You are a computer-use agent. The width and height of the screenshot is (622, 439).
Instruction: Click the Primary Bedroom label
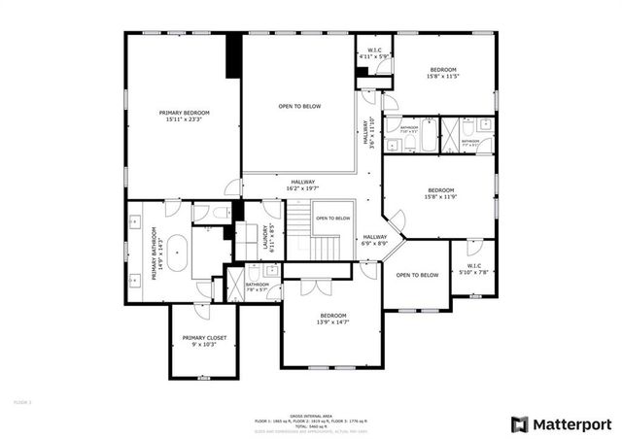[x=184, y=116]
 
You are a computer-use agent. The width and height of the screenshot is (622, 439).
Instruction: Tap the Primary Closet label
[x=203, y=341]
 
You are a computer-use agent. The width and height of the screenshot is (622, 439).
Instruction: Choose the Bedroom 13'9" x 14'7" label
[x=333, y=320]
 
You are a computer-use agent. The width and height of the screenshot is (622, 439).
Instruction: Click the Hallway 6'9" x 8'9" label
[x=375, y=240]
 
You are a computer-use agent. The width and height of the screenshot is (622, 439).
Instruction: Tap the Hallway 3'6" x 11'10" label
[x=368, y=132]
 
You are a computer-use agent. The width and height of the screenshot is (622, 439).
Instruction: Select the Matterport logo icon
[x=520, y=423]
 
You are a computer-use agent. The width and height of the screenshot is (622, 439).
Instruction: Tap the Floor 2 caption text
[x=22, y=399]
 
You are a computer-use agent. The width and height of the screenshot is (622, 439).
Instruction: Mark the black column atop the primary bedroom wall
[x=233, y=56]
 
